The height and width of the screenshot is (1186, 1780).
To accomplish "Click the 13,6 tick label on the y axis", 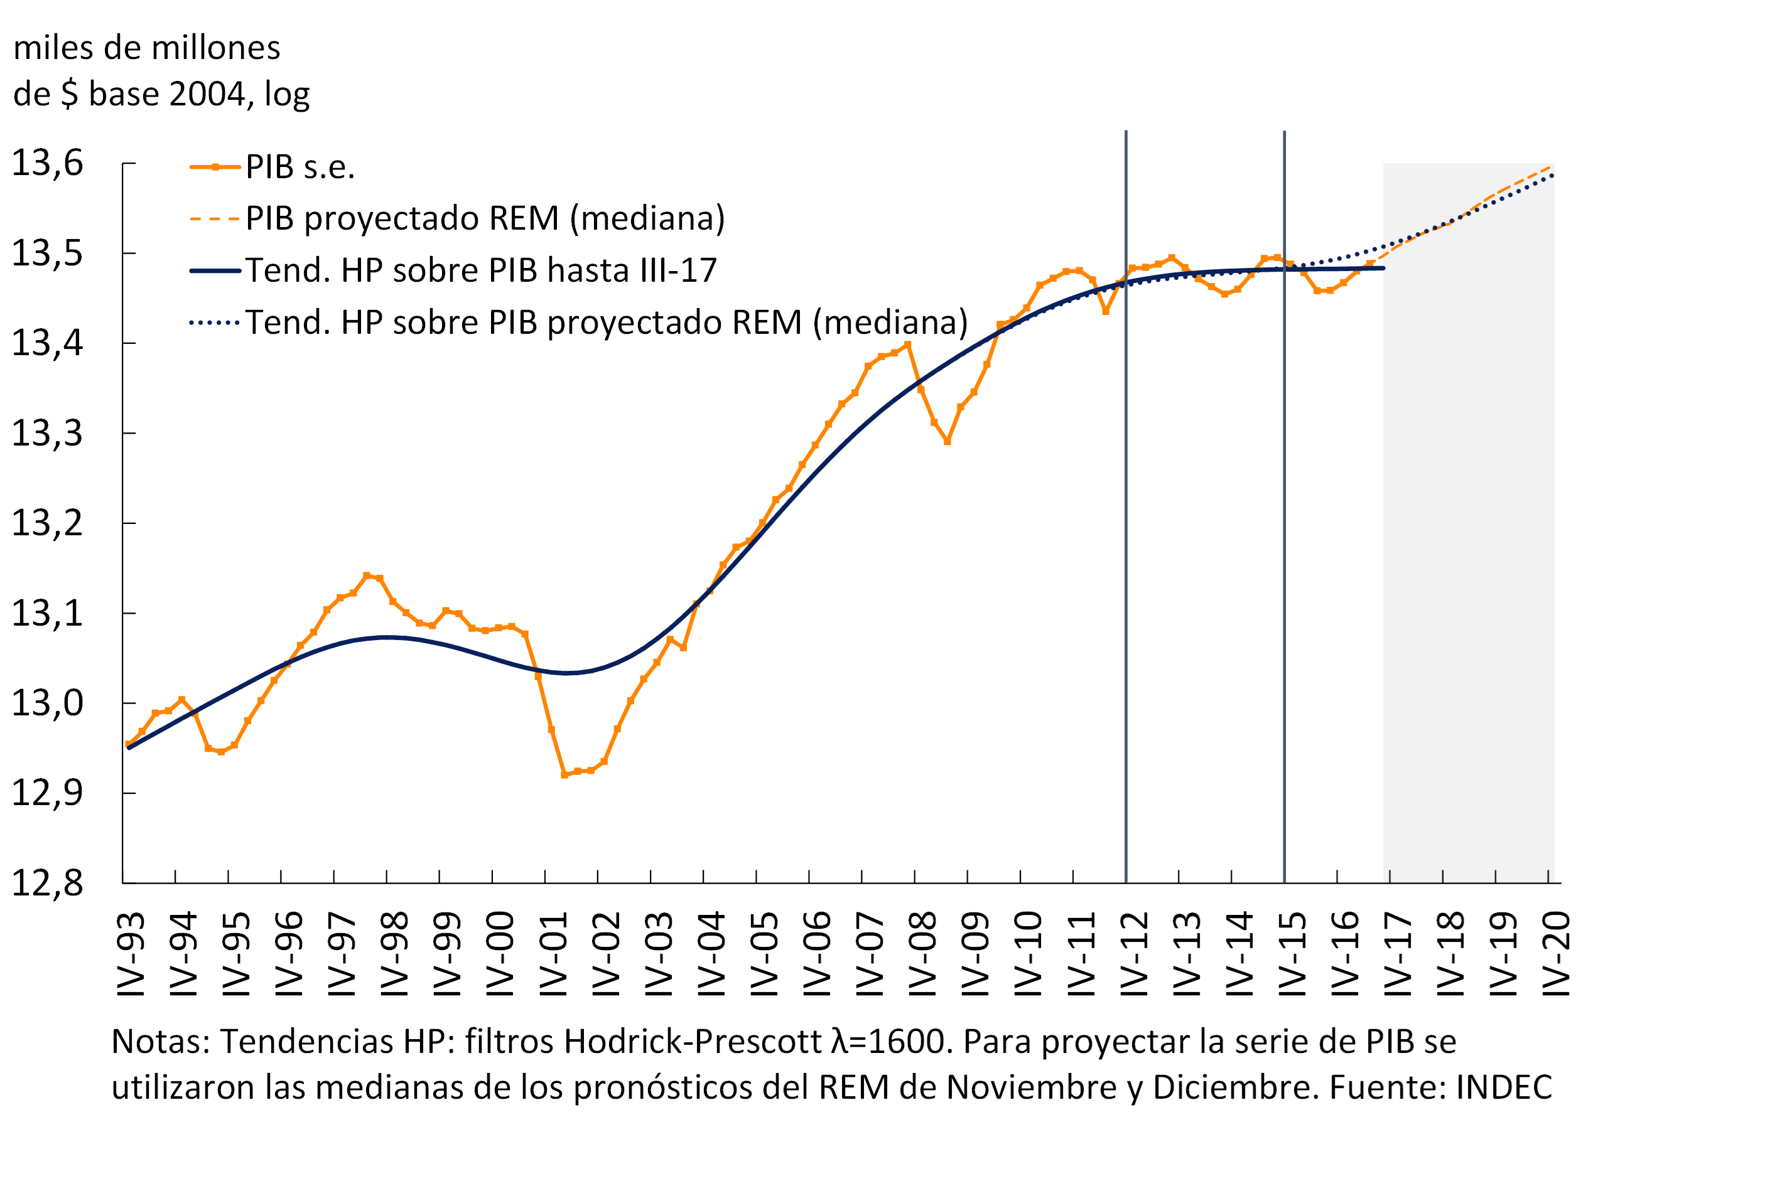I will (x=47, y=163).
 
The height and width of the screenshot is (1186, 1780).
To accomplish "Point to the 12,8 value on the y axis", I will (x=47, y=884).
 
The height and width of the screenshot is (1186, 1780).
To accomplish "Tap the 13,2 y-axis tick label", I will (x=47, y=523).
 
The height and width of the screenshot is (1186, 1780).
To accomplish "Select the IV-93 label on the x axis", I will (x=131, y=954).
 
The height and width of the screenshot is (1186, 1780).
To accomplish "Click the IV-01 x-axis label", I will (x=553, y=954).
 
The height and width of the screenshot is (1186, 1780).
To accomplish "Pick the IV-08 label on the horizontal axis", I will (x=922, y=954).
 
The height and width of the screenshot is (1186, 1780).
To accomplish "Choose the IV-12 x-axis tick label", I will (x=1134, y=954).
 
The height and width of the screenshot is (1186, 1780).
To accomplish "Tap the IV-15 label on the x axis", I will (x=1292, y=954).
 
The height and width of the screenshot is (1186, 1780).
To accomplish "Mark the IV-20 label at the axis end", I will (x=1556, y=954).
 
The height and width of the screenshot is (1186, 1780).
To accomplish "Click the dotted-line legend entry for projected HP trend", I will (x=605, y=323).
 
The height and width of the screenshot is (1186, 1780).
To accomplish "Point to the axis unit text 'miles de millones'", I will (x=147, y=48).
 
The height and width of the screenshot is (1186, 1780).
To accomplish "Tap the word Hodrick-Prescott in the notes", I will (x=693, y=1042).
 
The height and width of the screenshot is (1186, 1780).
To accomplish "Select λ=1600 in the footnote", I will (x=890, y=1042).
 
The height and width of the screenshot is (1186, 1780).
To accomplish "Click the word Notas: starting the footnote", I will (x=161, y=1042).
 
